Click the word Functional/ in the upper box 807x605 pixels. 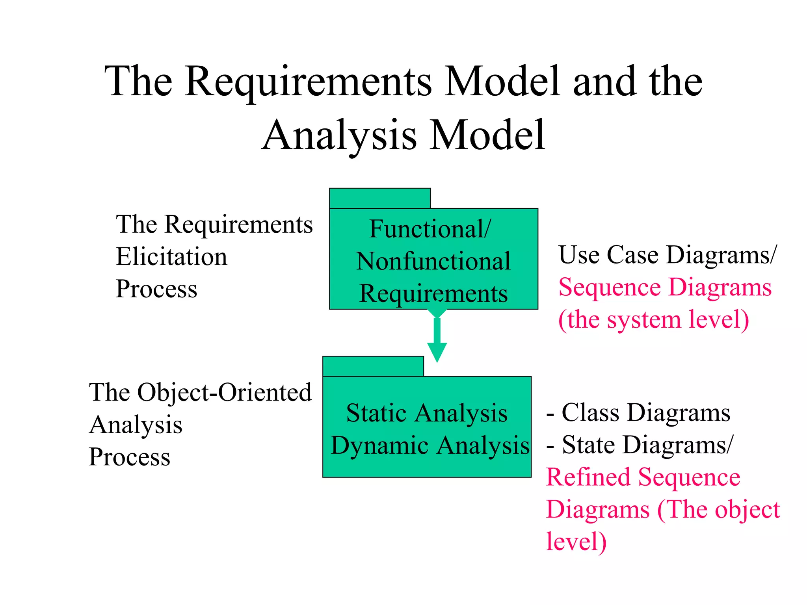430,229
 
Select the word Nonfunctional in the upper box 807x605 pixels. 433,261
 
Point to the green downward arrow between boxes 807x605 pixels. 437,339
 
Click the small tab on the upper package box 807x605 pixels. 379,198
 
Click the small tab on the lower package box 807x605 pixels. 373,366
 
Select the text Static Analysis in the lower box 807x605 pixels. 427,413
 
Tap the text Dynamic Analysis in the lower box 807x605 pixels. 430,445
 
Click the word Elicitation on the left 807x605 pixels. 171,257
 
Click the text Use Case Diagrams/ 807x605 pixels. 667,255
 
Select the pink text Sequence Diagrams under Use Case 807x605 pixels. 665,287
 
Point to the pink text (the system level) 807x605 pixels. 653,319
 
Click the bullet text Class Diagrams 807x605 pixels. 645,413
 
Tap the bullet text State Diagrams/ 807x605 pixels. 647,445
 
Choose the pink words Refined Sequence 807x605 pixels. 643,477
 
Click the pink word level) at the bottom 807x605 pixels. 576,542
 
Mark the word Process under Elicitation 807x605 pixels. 156,289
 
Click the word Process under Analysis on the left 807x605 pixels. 130,457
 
